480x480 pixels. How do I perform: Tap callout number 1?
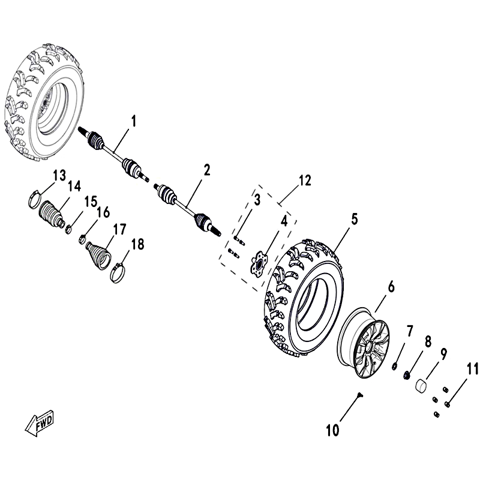click(x=133, y=121)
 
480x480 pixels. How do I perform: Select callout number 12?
click(x=305, y=181)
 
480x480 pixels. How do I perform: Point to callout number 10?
click(x=332, y=430)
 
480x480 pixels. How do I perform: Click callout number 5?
click(x=355, y=219)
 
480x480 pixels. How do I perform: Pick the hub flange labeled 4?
click(x=259, y=262)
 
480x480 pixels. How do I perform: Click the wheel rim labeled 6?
click(x=364, y=343)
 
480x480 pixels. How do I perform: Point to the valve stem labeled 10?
click(x=359, y=395)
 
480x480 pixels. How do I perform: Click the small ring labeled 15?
click(x=69, y=229)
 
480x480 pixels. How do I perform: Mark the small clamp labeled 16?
click(x=82, y=239)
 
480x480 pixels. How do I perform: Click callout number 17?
click(x=119, y=229)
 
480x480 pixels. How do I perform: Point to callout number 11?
click(x=472, y=368)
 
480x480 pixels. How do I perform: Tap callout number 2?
click(x=207, y=170)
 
